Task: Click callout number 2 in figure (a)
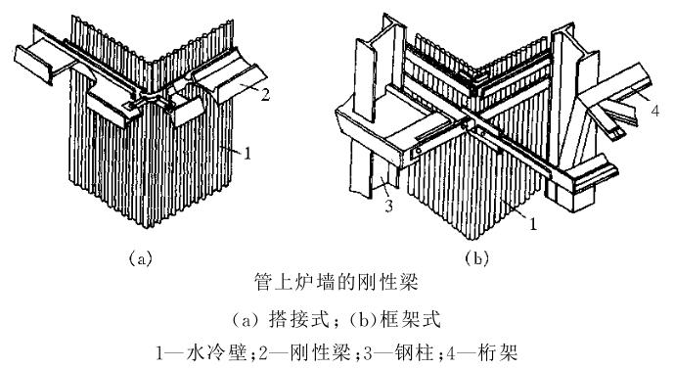265,94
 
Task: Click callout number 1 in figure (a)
247,153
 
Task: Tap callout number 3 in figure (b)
388,206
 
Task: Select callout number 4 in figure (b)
654,111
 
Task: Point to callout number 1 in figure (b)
533,223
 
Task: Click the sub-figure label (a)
141,258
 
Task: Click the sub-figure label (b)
477,258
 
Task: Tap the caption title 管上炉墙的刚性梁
337,283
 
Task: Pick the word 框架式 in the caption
411,319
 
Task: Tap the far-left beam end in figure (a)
33,65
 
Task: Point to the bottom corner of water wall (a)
146,225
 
